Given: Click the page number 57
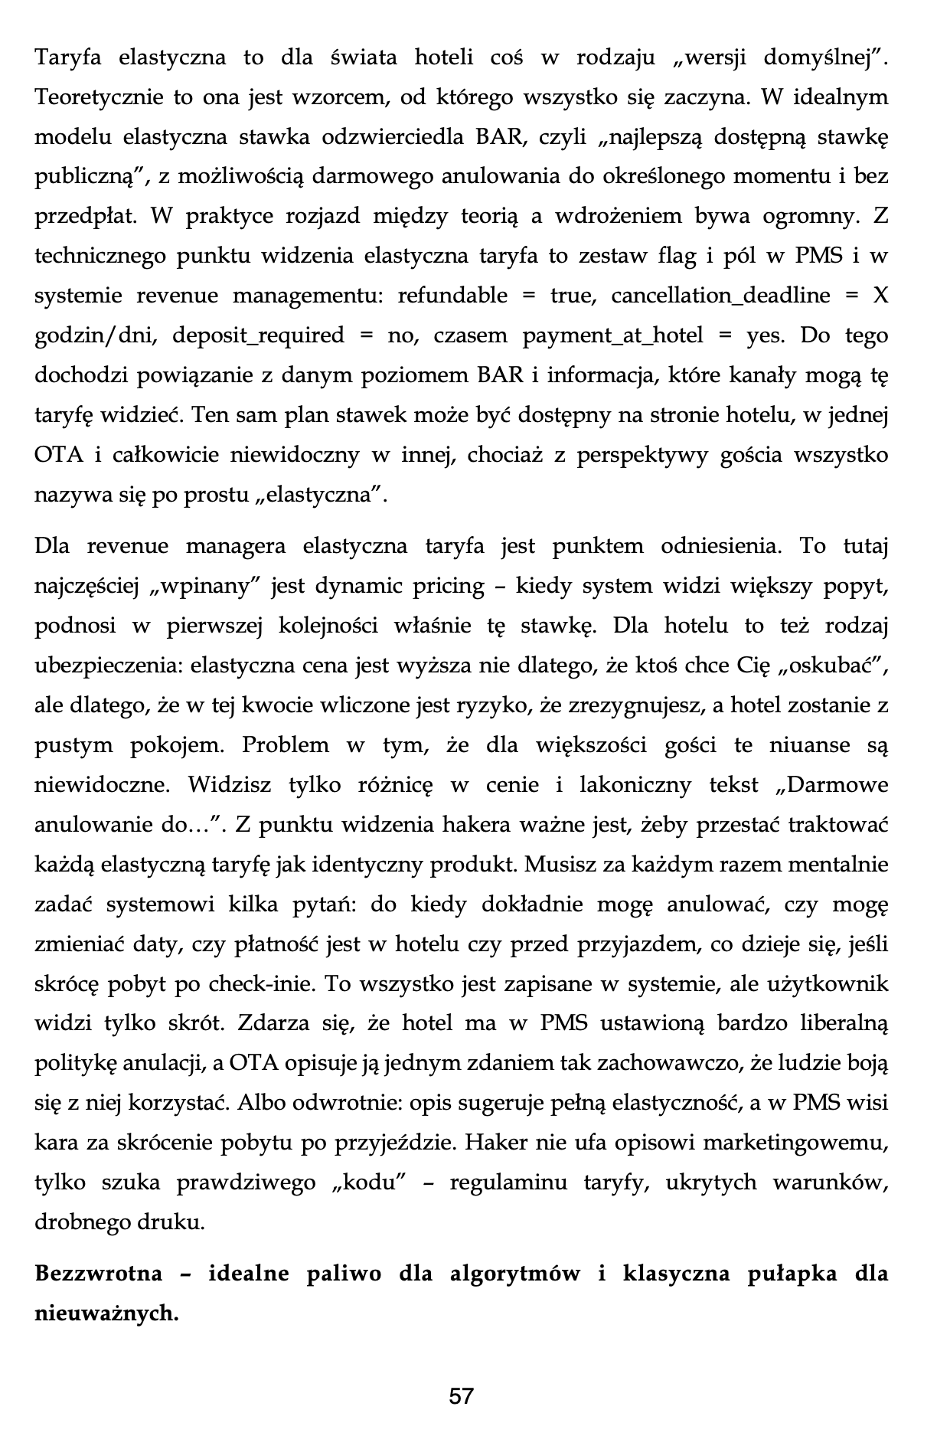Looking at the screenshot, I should click(462, 1395).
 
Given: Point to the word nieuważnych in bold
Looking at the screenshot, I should click(106, 1313).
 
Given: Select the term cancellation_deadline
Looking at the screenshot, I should click(720, 296).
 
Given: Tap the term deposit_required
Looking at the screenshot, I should click(258, 335).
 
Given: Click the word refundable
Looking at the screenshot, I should click(452, 296).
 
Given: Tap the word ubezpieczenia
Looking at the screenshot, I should click(106, 665).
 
